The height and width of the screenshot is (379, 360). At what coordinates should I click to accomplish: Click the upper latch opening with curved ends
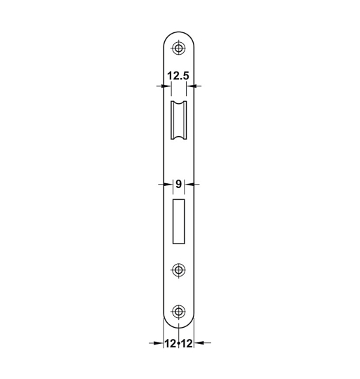(x=180, y=120)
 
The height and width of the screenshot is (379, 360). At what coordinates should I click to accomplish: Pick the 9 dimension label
(x=179, y=184)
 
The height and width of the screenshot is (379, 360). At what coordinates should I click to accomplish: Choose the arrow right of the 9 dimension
(x=192, y=185)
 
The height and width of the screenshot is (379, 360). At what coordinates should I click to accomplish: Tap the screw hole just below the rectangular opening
(x=180, y=270)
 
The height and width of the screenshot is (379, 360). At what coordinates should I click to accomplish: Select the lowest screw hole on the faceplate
(x=180, y=312)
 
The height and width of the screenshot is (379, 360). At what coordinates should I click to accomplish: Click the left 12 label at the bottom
(x=171, y=343)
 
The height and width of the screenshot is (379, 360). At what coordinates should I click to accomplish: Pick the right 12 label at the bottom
(x=187, y=343)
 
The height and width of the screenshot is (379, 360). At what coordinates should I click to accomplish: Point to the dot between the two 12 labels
(x=179, y=344)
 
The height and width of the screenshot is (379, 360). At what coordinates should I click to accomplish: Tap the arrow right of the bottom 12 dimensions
(x=201, y=343)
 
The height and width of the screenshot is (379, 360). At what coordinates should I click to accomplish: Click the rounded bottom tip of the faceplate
(x=180, y=328)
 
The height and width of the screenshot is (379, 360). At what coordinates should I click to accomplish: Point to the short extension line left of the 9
(x=173, y=185)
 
